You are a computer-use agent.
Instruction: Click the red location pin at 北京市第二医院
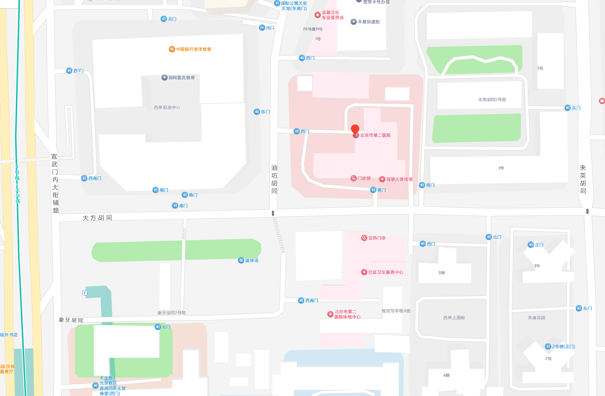click(355, 129)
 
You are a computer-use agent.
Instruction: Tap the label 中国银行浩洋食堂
click(193, 49)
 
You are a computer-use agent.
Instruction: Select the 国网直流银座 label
click(181, 78)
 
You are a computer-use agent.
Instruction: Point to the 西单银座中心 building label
click(167, 107)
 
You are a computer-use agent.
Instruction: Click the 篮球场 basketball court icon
click(241, 260)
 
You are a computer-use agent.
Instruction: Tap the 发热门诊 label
click(376, 238)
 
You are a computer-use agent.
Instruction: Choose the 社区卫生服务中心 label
click(385, 272)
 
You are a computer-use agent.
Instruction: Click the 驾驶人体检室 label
click(399, 179)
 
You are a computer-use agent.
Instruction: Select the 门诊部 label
click(364, 178)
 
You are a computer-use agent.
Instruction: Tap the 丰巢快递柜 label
click(368, 22)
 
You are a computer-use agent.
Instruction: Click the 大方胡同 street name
click(97, 218)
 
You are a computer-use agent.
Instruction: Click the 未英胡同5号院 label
click(492, 100)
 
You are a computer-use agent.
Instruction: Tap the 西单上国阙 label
click(454, 318)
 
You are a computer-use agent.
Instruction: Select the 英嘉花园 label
click(536, 318)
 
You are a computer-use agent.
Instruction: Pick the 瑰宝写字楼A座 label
click(396, 311)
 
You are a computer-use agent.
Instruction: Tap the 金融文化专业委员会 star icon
click(317, 15)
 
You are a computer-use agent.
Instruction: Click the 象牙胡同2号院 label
click(171, 313)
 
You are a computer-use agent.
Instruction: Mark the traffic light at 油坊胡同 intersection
click(273, 213)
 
